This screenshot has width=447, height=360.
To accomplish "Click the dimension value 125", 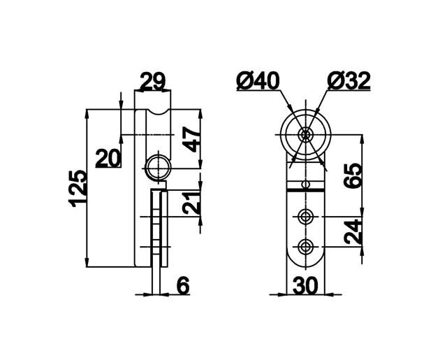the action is pos(78,189).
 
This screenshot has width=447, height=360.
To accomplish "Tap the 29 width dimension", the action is pos(153,82).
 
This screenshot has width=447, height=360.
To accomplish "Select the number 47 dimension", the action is pos(191,140).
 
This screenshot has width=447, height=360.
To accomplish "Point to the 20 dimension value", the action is pos(107,159).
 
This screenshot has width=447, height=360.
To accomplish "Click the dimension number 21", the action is pos(191,203).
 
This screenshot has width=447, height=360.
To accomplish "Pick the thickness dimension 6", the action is pos(183,286).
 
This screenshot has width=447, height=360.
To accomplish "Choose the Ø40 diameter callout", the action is pos(258,80).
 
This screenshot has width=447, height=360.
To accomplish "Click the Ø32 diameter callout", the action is pos(349,80).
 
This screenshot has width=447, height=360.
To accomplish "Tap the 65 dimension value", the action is pos(353,175).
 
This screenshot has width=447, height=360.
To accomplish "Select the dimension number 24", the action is pos(353,231).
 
